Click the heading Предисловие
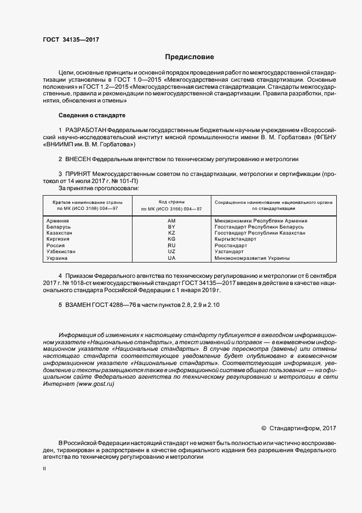[x=190, y=57]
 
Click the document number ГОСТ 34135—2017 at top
[x=71, y=39]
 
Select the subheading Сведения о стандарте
[x=92, y=116]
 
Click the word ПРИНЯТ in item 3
[x=77, y=174]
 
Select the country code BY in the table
[x=171, y=227]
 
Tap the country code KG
[x=171, y=239]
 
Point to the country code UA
[x=171, y=258]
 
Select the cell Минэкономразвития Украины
[x=252, y=258]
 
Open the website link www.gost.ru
[x=95, y=384]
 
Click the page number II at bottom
[x=44, y=470]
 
